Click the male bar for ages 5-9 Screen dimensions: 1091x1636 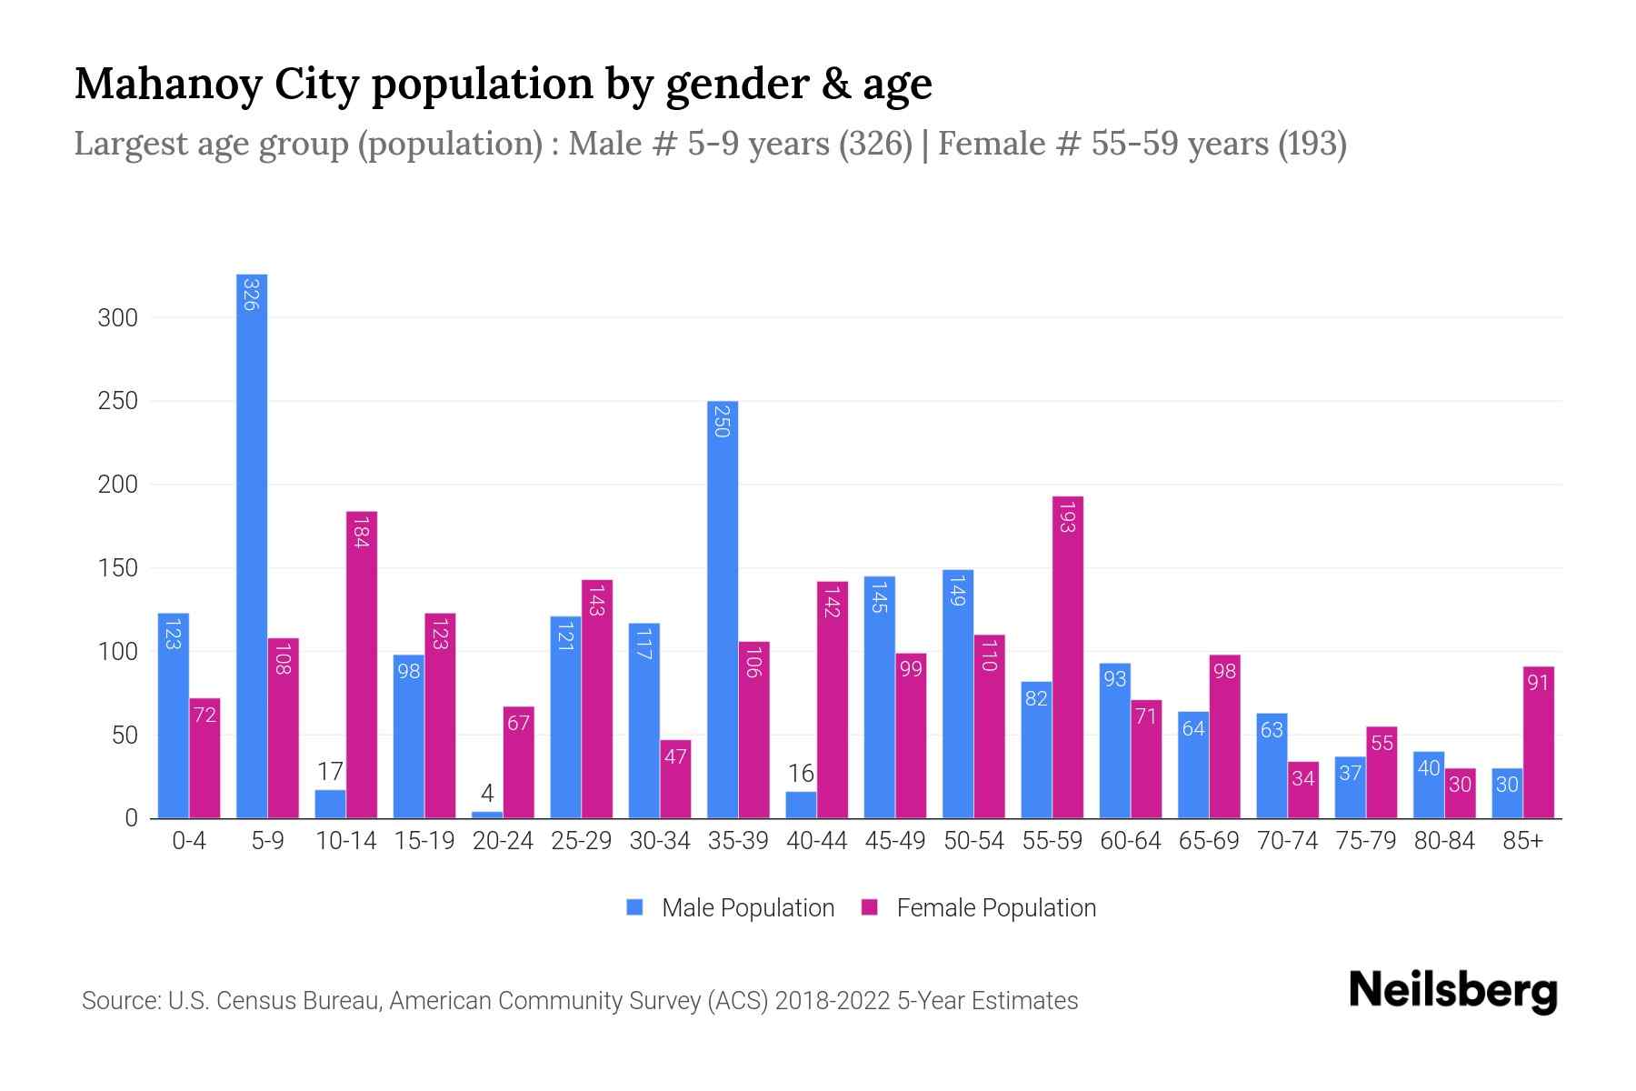tap(252, 545)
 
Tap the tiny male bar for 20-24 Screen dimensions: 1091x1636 tap(487, 815)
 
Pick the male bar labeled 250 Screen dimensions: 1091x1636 tap(723, 609)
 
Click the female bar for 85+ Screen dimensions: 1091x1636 tap(1539, 742)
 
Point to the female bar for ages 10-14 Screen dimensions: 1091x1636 tap(362, 665)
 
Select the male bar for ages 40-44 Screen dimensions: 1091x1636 tap(801, 806)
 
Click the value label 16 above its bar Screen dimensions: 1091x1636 tap(801, 774)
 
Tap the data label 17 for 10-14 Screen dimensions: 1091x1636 tap(330, 772)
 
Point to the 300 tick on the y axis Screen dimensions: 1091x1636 tap(118, 318)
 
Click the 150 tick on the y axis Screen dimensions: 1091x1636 tap(118, 568)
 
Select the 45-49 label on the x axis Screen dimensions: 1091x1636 tap(895, 841)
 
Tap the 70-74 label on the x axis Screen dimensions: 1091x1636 tap(1287, 841)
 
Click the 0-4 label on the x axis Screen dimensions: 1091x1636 tap(189, 841)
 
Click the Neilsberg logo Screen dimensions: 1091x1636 tap(1452, 990)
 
